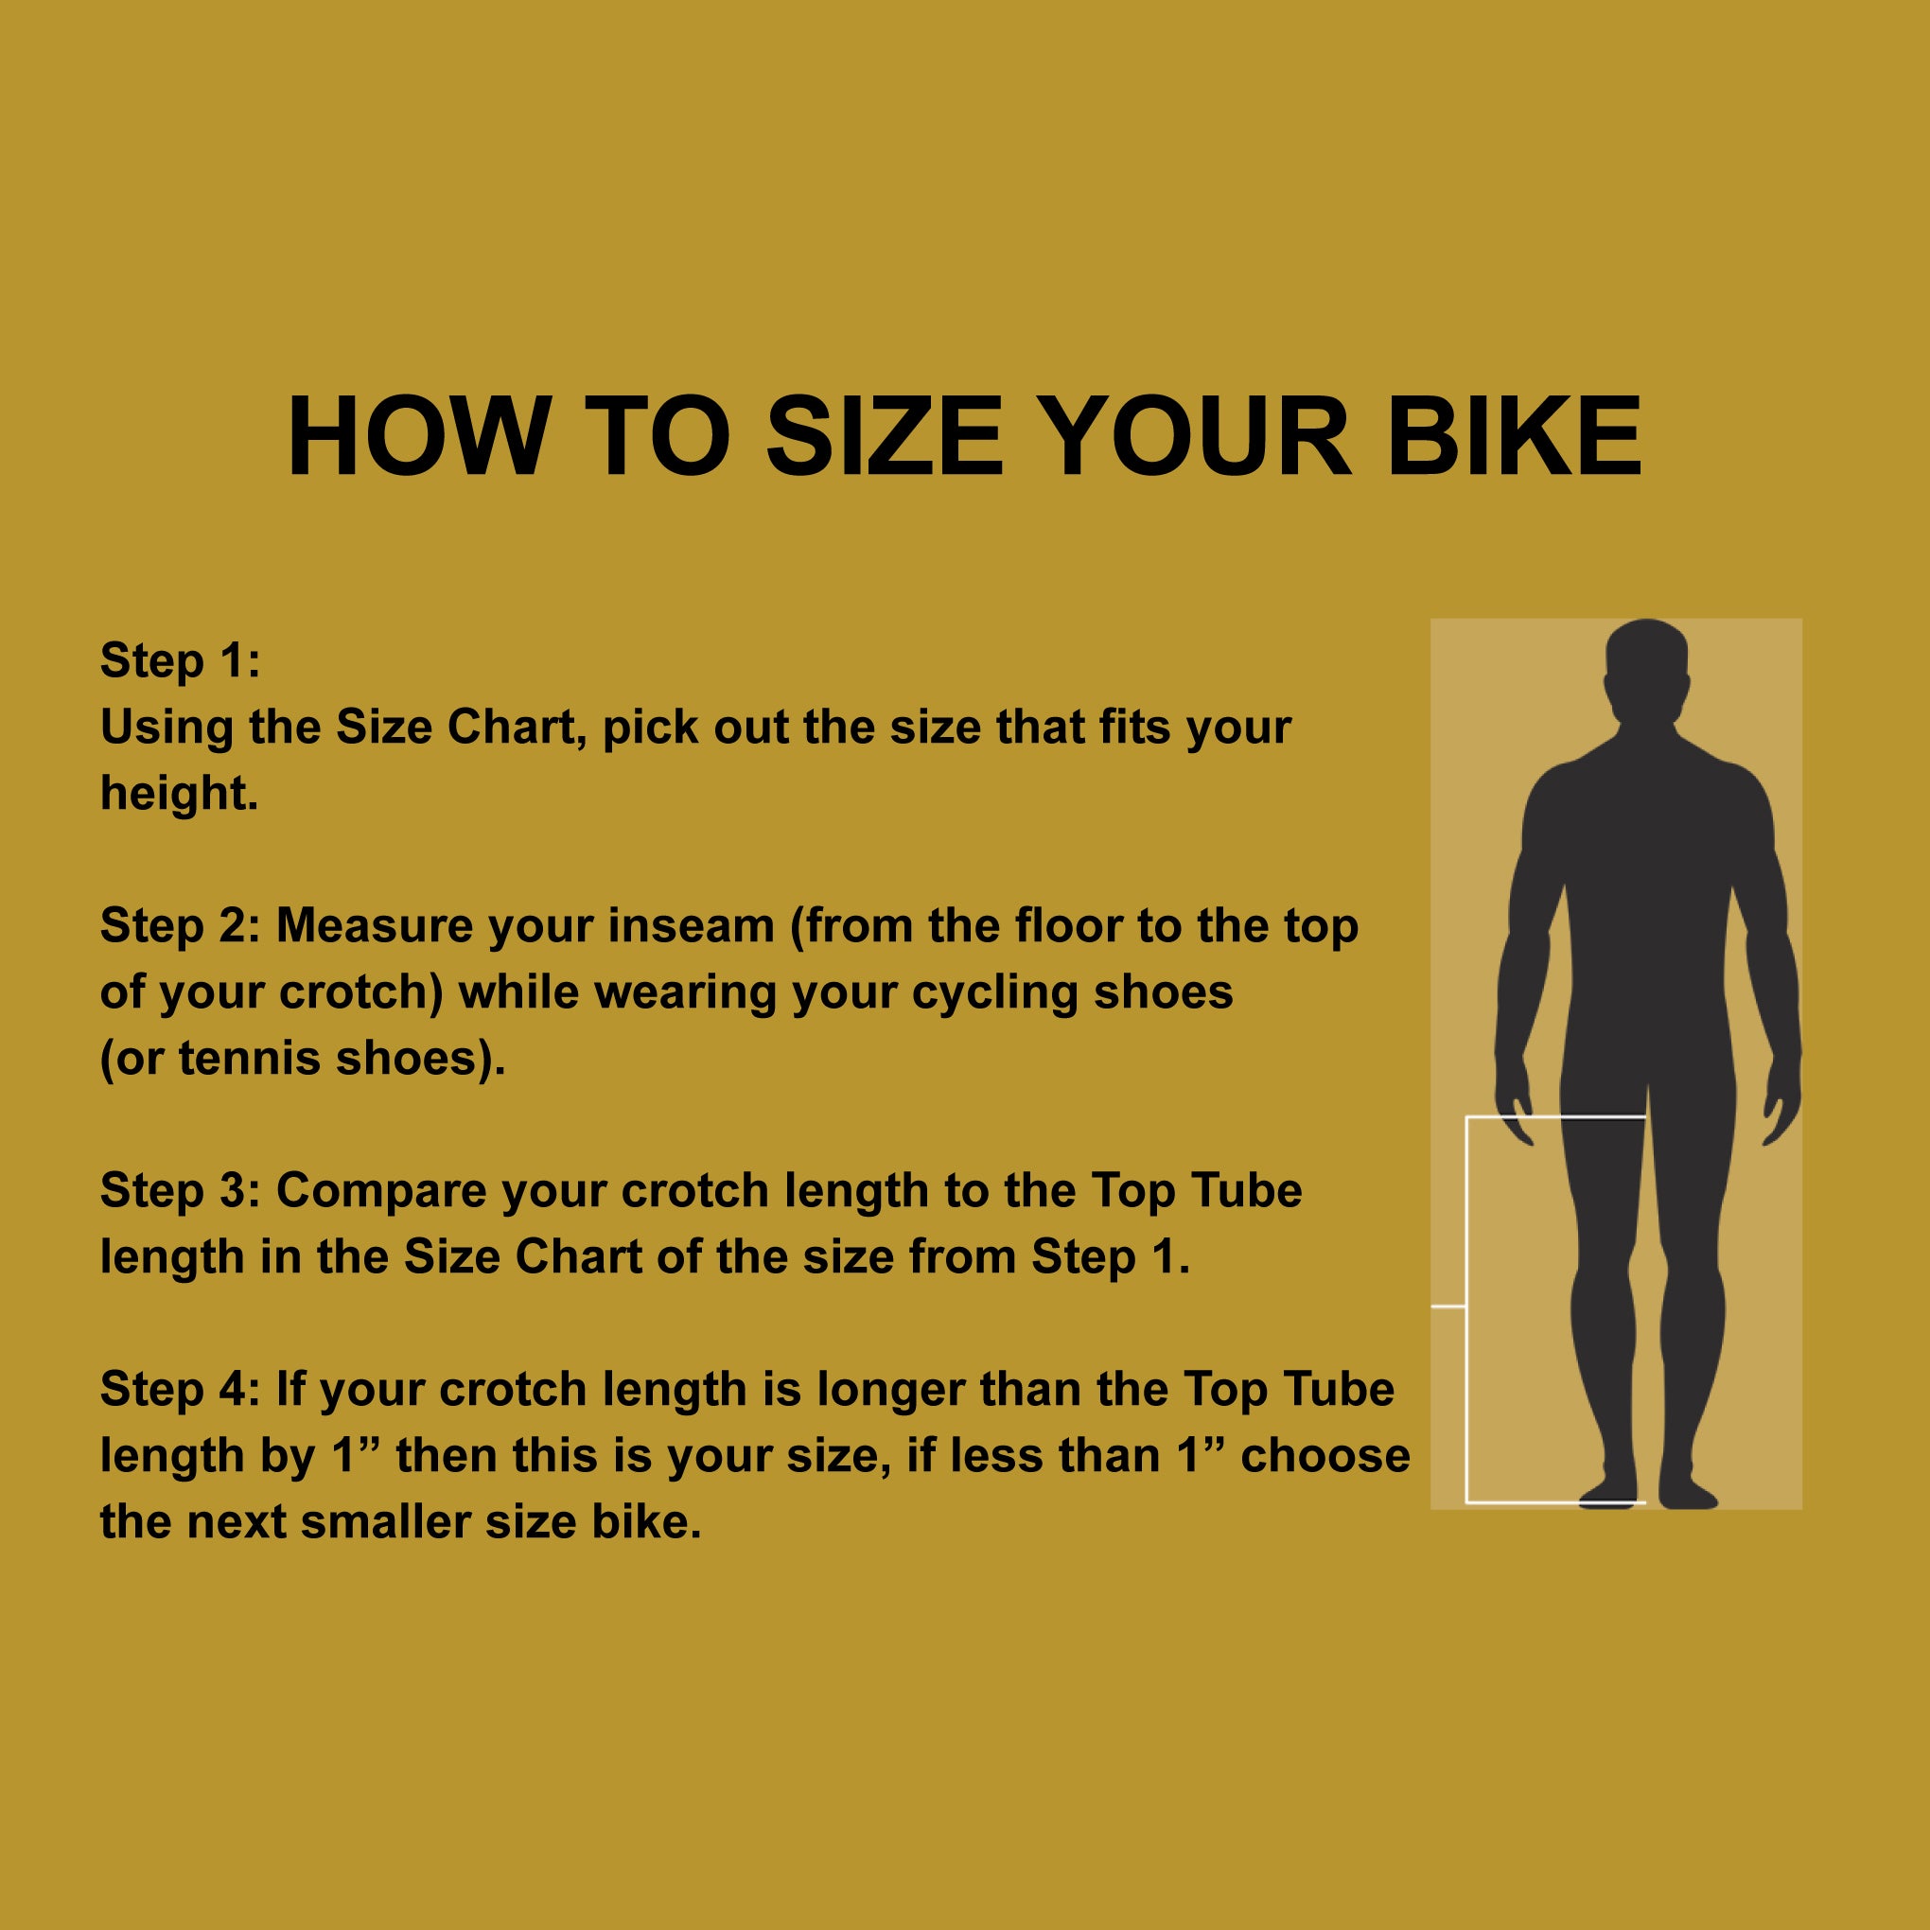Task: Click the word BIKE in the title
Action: (x=1515, y=437)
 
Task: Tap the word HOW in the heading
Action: (x=418, y=437)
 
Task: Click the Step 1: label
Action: (x=180, y=660)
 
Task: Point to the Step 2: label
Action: (x=180, y=925)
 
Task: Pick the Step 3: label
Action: (x=180, y=1190)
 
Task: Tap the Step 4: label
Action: (x=180, y=1389)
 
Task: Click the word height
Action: (x=180, y=793)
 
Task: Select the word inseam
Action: (x=693, y=925)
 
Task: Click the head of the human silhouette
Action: (x=1646, y=666)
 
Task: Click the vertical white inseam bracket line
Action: (x=1466, y=1308)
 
